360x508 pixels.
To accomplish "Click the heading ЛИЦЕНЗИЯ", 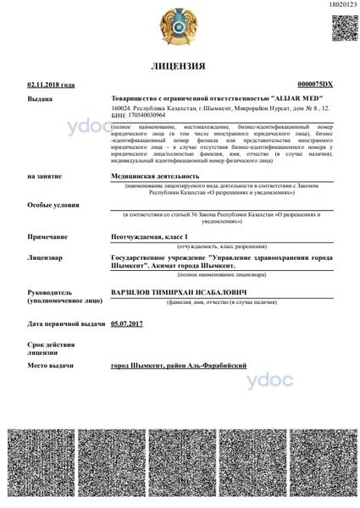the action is (x=180, y=65).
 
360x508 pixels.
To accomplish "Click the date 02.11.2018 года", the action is (x=51, y=85).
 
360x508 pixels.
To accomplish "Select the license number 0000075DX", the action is (x=316, y=85).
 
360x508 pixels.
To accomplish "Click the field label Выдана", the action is (x=40, y=98).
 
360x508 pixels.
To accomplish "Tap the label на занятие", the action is (x=43, y=175).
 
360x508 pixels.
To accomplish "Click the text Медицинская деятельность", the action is (x=153, y=175).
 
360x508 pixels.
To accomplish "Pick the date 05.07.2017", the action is (x=129, y=323).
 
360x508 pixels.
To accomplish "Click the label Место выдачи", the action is (x=50, y=364).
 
